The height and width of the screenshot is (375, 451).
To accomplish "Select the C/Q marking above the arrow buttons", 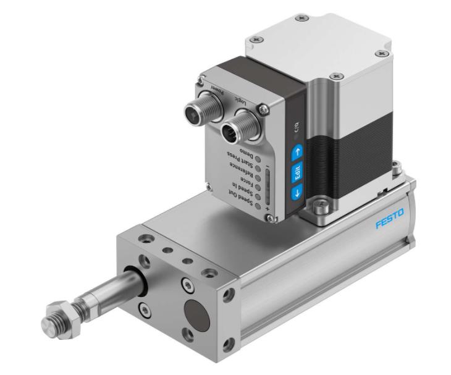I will click(293, 129).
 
